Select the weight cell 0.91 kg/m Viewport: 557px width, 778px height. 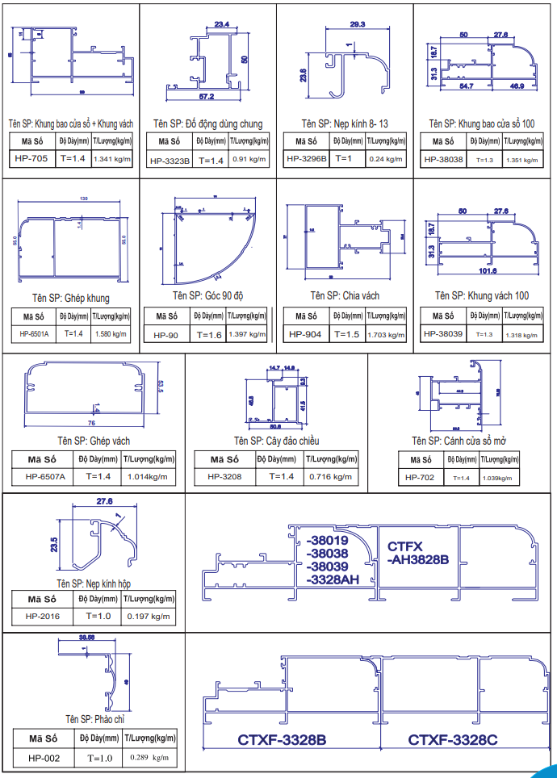(245, 159)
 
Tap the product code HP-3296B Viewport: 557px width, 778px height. (307, 158)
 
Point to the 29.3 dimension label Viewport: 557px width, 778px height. (358, 24)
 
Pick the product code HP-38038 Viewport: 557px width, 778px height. (444, 159)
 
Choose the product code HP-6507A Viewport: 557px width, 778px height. (45, 476)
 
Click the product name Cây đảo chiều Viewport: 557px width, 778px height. (277, 441)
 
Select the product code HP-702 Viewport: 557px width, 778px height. (420, 477)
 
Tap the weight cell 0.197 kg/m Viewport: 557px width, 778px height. (149, 617)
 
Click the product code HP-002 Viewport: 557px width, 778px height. (44, 757)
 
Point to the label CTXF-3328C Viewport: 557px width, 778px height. (452, 739)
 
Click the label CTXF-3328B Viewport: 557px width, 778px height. (282, 739)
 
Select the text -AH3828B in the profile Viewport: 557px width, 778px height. (417, 559)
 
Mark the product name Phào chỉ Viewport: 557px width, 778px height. (95, 718)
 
